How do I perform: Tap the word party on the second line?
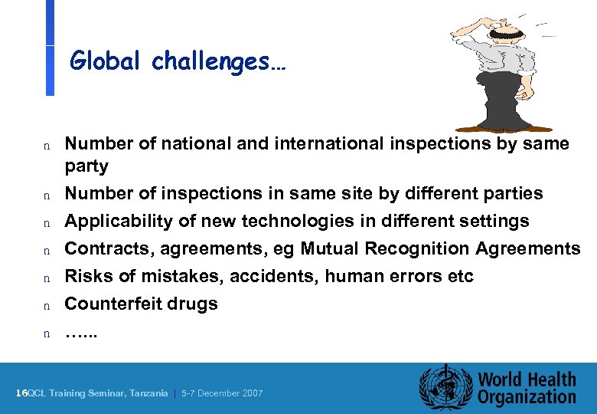pyautogui.click(x=86, y=166)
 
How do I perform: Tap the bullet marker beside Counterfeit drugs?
pyautogui.click(x=47, y=305)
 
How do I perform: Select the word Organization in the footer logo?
pyautogui.click(x=527, y=396)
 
